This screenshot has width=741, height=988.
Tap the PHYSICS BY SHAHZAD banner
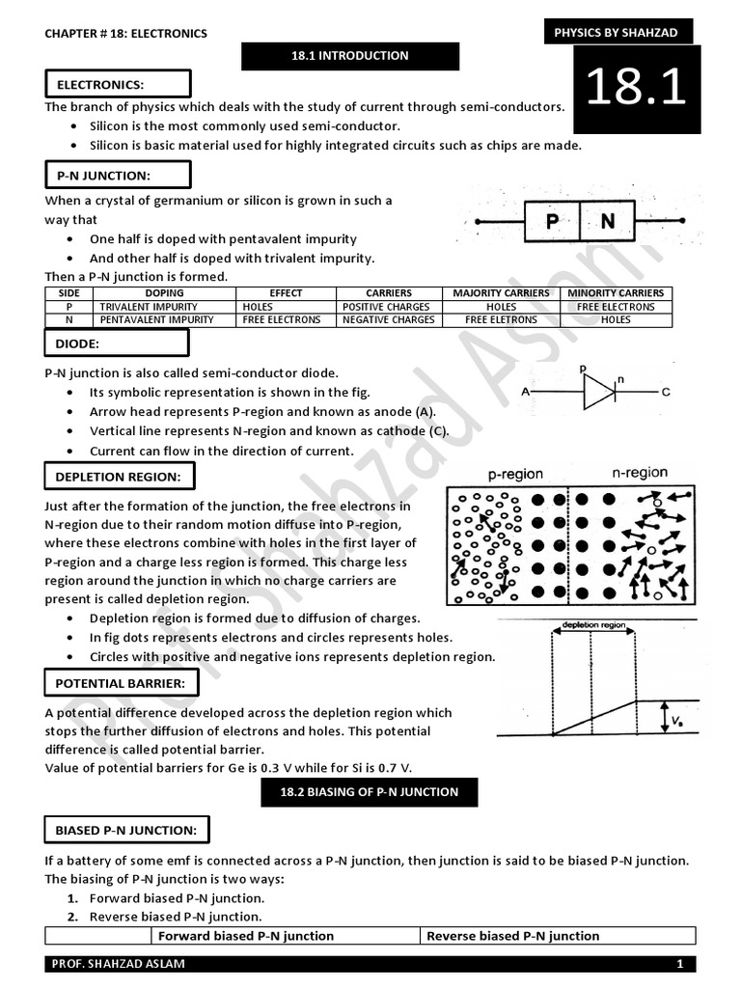[x=616, y=33]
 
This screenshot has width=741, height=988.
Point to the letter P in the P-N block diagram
[x=552, y=222]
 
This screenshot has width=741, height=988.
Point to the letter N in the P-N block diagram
[x=607, y=222]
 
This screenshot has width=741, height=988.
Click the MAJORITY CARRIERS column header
[x=501, y=293]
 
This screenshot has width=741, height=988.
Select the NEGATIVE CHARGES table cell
[x=389, y=319]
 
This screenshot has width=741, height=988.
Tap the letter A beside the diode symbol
[x=525, y=393]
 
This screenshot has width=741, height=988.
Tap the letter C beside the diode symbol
[x=666, y=393]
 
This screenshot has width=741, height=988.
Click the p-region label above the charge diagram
[x=515, y=475]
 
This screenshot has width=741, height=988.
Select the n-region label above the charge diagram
[x=640, y=473]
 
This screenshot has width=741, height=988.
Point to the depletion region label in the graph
[x=593, y=625]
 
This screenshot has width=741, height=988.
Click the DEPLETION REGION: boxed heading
[x=118, y=477]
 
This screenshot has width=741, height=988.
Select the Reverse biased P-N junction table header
[x=512, y=936]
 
